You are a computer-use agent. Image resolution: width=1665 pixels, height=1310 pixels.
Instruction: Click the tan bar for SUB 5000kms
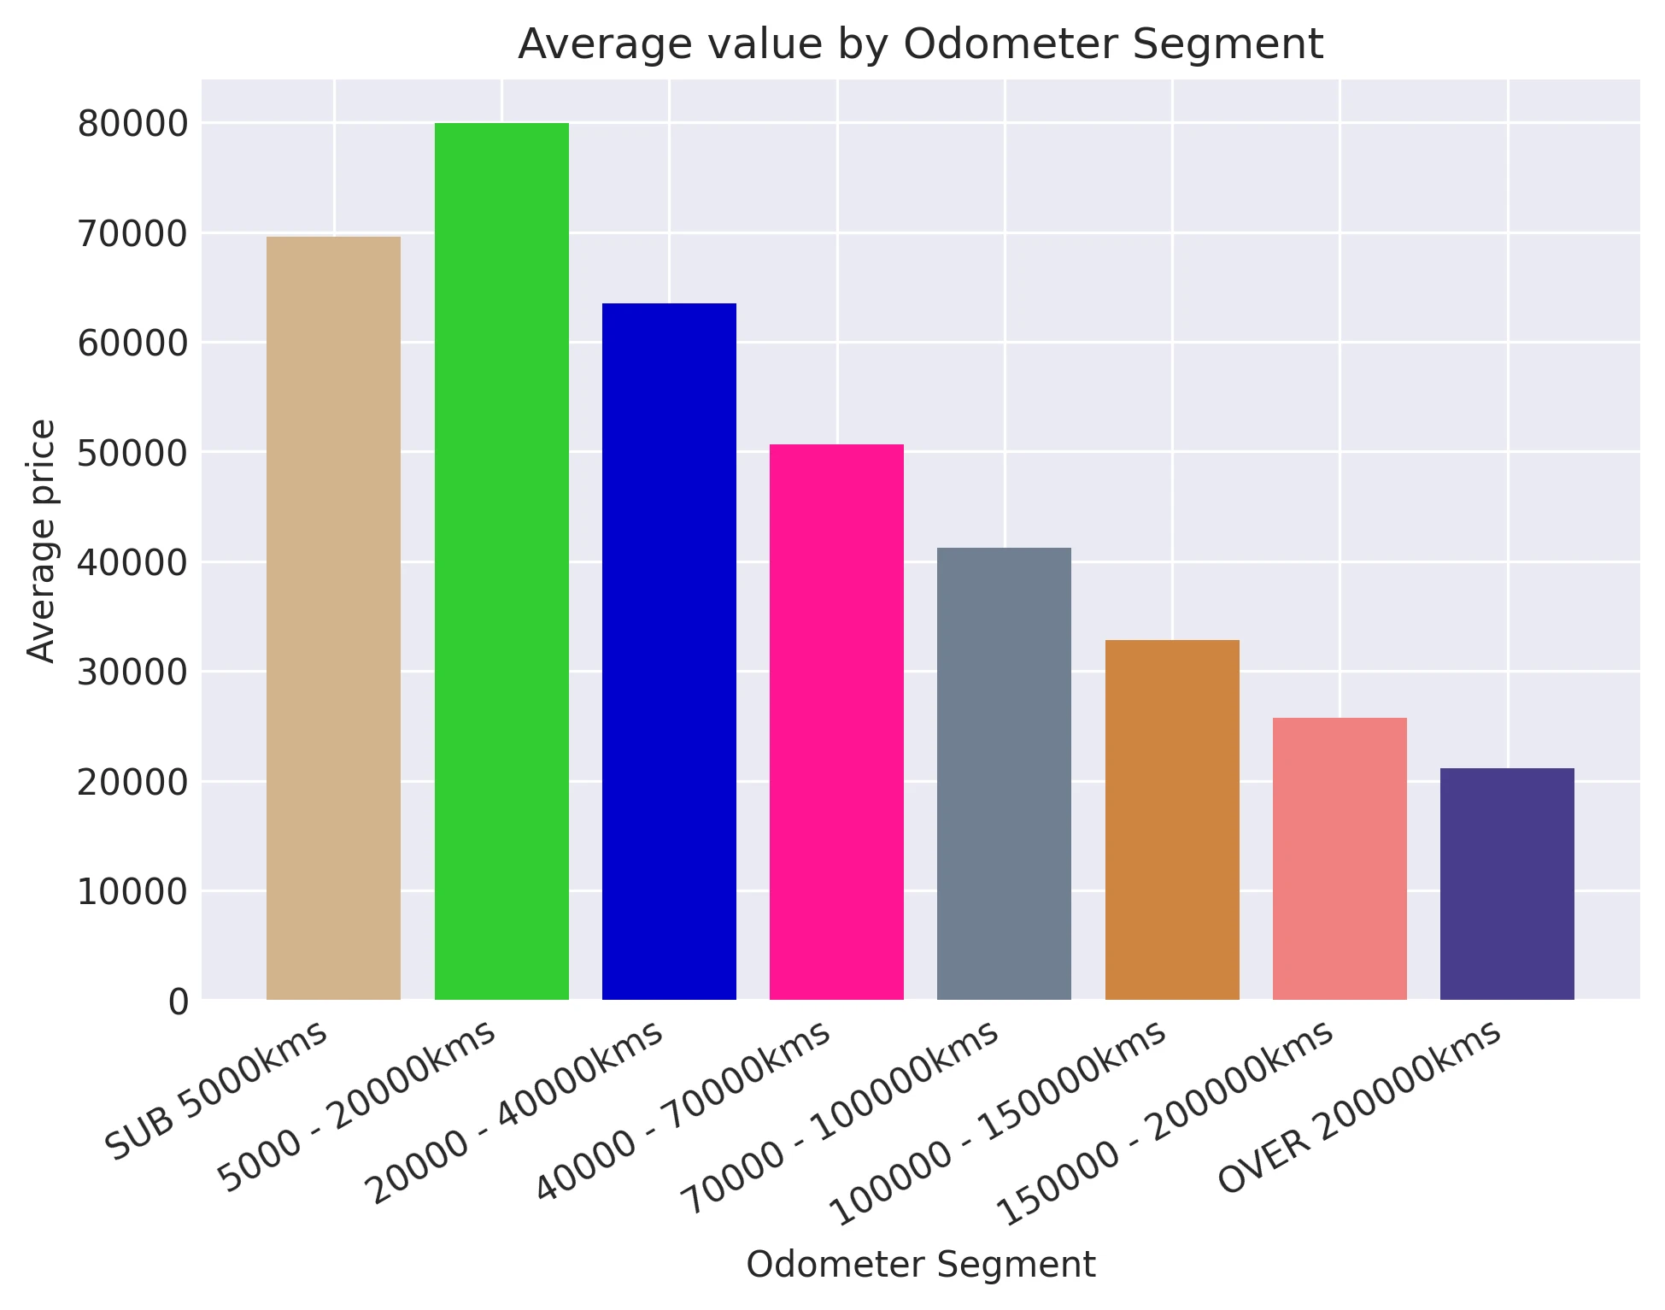tap(333, 618)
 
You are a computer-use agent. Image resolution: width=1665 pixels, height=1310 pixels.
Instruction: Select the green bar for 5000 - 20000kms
tap(501, 561)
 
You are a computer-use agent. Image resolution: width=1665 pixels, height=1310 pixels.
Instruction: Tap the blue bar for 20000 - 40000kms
tap(669, 651)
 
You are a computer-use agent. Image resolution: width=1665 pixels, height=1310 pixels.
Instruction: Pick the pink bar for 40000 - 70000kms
tap(836, 722)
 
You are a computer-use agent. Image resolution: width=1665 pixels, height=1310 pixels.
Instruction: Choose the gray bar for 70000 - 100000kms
tap(1004, 773)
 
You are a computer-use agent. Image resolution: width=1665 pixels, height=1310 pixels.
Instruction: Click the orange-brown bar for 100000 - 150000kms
tap(1172, 819)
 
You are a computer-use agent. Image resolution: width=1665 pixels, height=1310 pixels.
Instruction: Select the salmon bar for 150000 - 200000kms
tap(1340, 859)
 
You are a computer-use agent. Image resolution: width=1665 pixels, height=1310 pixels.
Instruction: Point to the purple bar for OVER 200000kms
tap(1507, 884)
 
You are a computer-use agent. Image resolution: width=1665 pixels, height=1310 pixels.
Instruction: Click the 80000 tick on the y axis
tap(132, 125)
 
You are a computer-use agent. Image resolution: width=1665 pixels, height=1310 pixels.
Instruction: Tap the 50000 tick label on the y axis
tap(132, 453)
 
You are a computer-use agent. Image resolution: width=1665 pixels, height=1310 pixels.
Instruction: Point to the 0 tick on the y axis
tap(179, 1001)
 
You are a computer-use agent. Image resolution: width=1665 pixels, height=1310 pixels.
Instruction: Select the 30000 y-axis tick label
tap(132, 673)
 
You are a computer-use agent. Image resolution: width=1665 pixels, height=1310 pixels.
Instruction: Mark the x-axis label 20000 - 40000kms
tap(513, 1113)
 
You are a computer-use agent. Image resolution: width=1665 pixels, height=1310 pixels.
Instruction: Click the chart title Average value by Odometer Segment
tap(920, 44)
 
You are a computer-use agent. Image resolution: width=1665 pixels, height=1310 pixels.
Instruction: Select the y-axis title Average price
tap(41, 540)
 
